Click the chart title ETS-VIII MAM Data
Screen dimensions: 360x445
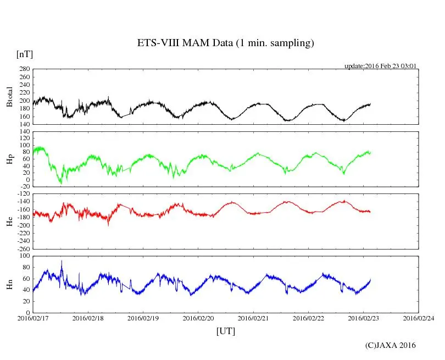point(225,43)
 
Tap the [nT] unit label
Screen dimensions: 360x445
point(24,54)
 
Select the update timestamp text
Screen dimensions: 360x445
point(381,66)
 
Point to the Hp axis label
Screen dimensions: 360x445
point(9,159)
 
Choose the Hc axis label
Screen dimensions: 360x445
point(9,221)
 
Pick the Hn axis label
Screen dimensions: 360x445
point(9,284)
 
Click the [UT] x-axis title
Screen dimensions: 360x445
point(225,331)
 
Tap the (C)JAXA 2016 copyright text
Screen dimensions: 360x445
point(391,345)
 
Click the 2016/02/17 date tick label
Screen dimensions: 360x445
point(33,318)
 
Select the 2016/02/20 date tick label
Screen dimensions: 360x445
point(198,318)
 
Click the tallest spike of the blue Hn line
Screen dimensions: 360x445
point(62,261)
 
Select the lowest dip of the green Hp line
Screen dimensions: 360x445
point(61,183)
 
